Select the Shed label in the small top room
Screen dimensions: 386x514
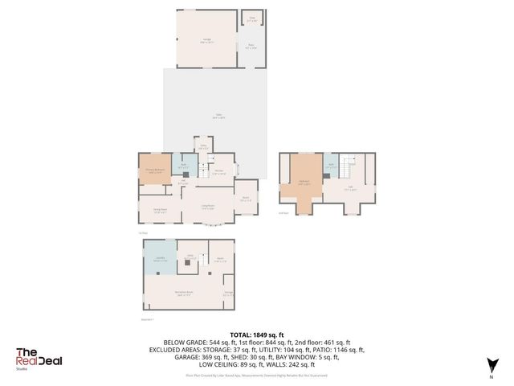pos(251,18)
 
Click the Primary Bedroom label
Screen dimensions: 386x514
pos(153,170)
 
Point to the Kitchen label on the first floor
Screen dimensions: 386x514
pos(218,170)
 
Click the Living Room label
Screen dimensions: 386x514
pos(206,207)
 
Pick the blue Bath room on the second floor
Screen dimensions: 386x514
pos(330,166)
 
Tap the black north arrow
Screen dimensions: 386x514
pos(491,367)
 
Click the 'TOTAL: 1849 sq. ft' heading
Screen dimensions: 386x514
pos(257,334)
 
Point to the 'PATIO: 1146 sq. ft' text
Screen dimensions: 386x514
pos(337,350)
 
